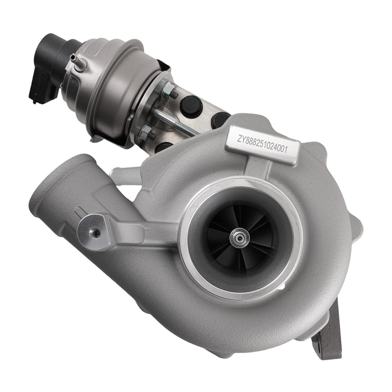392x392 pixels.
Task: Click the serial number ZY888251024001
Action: [263, 147]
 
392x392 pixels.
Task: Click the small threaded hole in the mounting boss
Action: [94, 233]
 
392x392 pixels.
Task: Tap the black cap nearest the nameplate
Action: [220, 119]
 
